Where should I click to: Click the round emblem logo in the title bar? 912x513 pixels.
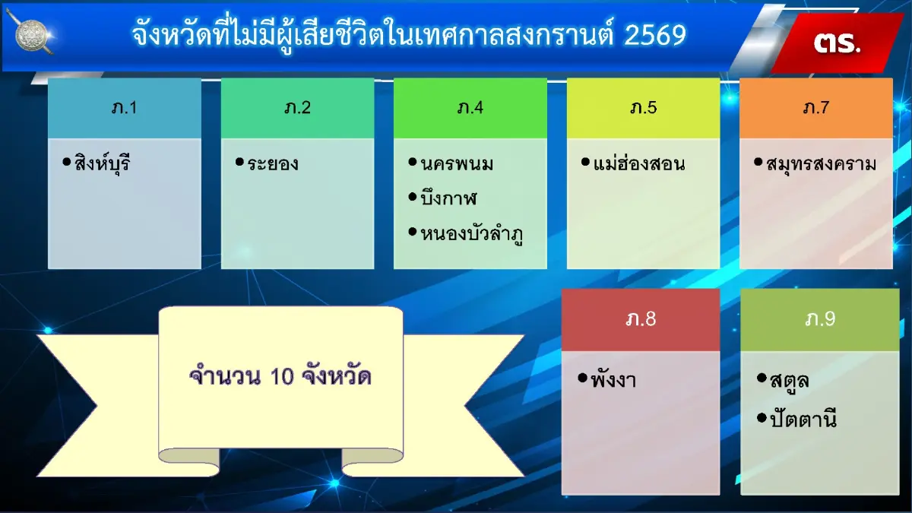32,35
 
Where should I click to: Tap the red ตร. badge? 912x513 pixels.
837,42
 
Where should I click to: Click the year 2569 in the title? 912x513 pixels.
654,35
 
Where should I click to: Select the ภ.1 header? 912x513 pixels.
124,108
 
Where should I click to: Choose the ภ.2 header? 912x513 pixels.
297,108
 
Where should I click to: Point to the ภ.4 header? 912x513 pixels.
470,108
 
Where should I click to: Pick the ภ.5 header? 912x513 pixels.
643,108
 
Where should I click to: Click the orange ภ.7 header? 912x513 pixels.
815,108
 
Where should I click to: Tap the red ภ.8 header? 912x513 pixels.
640,319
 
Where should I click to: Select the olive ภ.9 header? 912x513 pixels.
820,319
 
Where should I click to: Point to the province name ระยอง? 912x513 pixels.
272,163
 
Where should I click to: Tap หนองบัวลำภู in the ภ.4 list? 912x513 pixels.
472,233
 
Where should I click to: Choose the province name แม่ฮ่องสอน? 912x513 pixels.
638,163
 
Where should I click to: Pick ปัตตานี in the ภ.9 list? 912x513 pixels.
803,419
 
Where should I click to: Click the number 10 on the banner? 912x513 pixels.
281,376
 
